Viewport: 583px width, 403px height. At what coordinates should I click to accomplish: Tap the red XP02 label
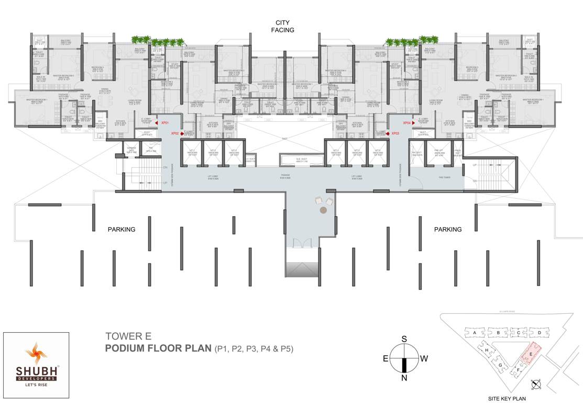coord(175,133)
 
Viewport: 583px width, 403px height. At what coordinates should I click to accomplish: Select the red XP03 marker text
coord(395,133)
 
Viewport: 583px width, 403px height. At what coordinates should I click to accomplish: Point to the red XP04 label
coord(406,123)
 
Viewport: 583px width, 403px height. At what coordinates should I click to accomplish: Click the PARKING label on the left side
coord(122,229)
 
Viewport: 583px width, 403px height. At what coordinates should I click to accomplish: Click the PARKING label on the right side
coord(448,229)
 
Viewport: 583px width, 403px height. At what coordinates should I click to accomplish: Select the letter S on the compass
coord(404,339)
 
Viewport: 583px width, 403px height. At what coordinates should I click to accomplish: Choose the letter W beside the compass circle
coord(424,359)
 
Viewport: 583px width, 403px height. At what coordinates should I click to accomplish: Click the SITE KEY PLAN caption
coord(507,398)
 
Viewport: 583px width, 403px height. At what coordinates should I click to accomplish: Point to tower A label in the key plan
coord(474,333)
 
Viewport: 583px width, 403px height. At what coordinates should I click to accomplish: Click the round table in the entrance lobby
coord(323,210)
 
